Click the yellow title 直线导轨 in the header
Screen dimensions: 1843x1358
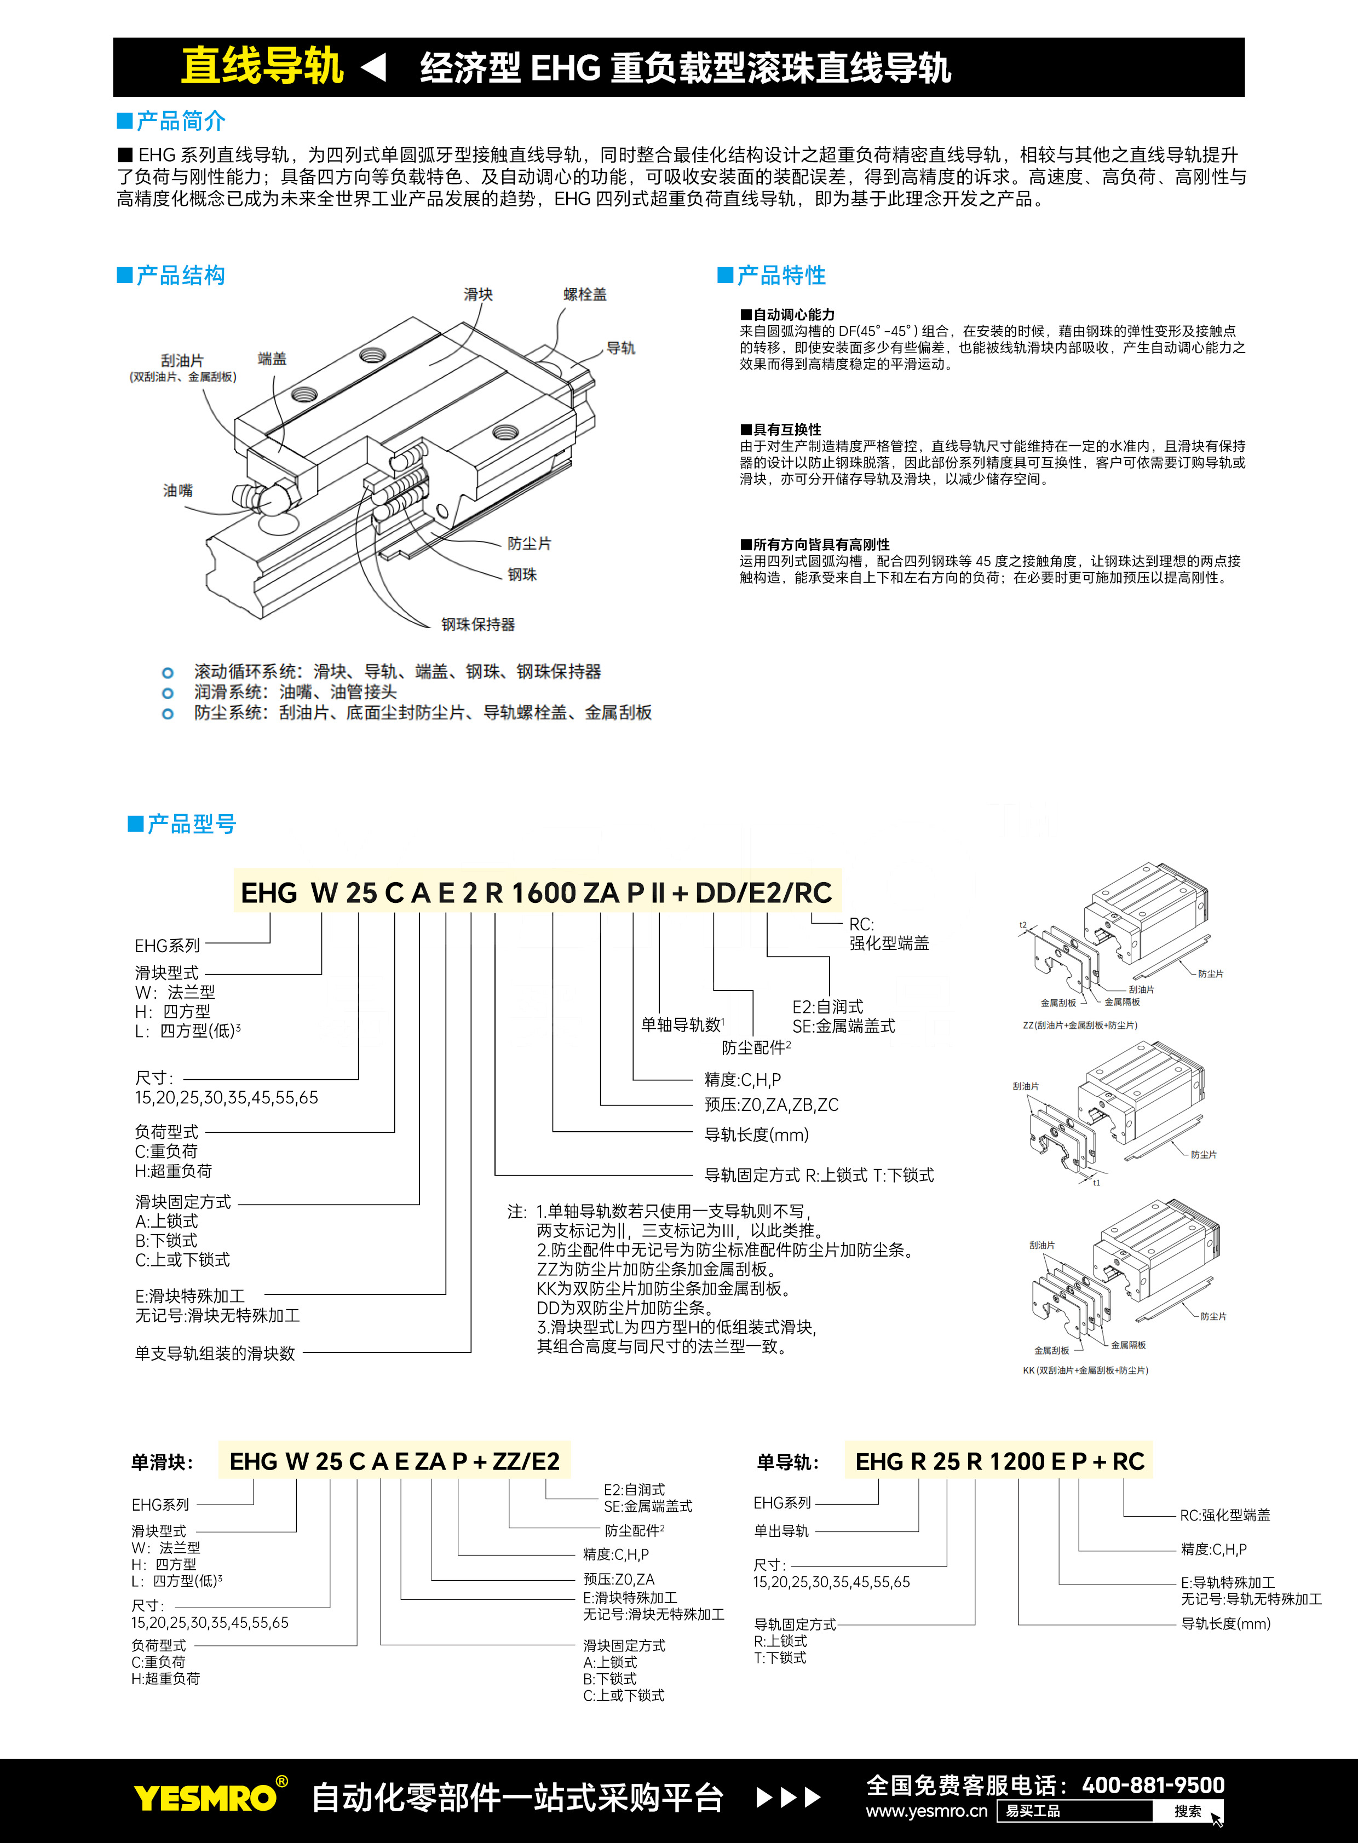click(261, 66)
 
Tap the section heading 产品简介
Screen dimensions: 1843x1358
click(180, 122)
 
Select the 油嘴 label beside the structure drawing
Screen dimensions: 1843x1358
click(177, 491)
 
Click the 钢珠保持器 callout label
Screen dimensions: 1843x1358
click(477, 625)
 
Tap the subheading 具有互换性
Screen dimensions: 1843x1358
click(787, 429)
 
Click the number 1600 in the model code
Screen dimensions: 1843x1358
click(543, 892)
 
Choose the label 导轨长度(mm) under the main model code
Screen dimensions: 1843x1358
click(756, 1134)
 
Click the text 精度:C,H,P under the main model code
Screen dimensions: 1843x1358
click(743, 1079)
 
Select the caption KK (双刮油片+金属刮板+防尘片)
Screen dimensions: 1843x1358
click(1085, 1370)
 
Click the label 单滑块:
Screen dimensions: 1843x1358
click(162, 1462)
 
